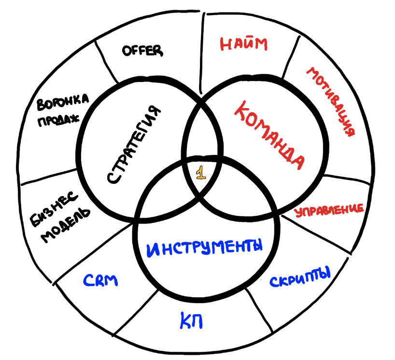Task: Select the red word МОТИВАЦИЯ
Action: (x=334, y=101)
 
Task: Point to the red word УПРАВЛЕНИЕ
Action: (x=329, y=210)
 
